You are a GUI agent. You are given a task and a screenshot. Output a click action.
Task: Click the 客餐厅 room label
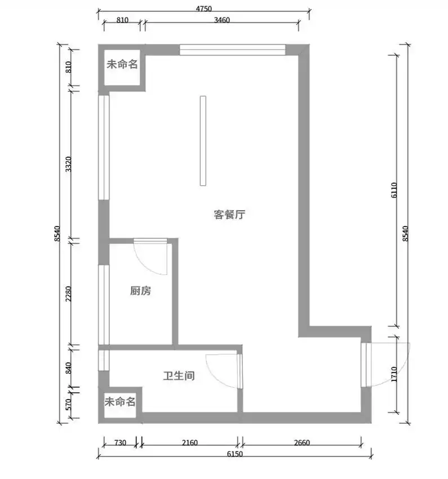click(x=229, y=215)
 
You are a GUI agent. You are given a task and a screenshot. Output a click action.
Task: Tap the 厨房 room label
click(x=140, y=291)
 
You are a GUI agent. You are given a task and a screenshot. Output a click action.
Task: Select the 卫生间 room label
click(x=179, y=375)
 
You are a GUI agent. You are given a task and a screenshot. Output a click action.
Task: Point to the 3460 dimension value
click(x=221, y=20)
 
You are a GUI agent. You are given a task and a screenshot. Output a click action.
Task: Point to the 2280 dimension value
click(x=69, y=293)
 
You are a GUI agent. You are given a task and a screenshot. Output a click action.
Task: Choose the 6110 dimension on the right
click(x=394, y=190)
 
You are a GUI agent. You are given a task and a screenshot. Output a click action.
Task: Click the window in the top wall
click(x=232, y=50)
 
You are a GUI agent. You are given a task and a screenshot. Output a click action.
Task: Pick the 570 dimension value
click(x=69, y=404)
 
